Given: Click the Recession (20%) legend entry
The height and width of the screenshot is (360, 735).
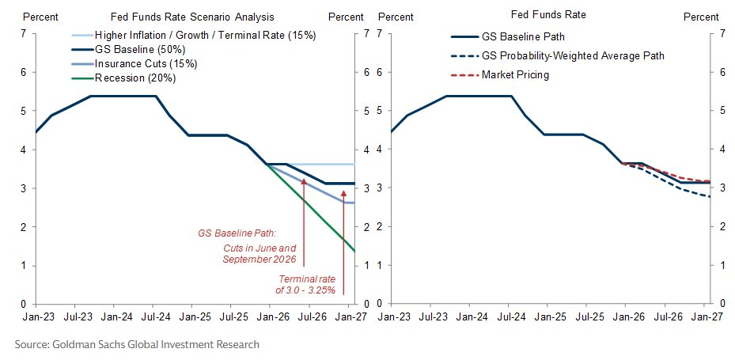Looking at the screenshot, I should click(x=134, y=78).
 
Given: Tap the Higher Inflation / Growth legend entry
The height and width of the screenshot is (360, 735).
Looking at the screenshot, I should click(x=202, y=35).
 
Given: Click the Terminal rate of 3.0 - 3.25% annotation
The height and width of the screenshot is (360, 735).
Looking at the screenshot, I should click(x=306, y=284).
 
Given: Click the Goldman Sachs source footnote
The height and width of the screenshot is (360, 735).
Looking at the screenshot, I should click(x=137, y=344).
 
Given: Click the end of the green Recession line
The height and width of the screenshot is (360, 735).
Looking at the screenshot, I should click(x=354, y=252).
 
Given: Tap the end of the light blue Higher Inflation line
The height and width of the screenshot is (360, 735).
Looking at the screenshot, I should click(x=354, y=164).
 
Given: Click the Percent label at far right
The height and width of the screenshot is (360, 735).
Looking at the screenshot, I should click(x=700, y=17).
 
